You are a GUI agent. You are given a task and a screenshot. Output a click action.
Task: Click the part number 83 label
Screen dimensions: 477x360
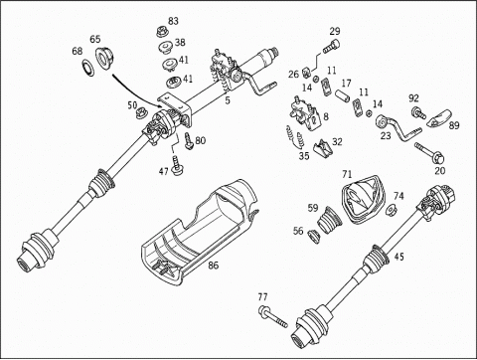[173, 21]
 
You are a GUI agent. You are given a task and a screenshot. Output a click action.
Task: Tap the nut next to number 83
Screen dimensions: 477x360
[161, 32]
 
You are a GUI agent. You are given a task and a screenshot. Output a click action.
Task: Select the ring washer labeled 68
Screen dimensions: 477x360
[87, 68]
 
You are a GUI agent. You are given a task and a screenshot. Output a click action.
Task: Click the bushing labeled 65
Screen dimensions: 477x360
[104, 59]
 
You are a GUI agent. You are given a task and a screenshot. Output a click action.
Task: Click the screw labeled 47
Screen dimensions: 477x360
[176, 166]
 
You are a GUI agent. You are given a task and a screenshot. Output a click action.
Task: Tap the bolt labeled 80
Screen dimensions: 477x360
[189, 141]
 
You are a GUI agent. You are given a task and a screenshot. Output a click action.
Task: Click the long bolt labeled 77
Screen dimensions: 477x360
[273, 316]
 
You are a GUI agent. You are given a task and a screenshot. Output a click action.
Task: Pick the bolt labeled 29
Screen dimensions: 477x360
[331, 47]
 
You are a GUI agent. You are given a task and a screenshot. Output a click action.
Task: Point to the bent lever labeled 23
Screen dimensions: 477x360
[399, 128]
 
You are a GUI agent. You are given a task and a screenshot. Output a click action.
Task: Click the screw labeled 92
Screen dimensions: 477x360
[418, 113]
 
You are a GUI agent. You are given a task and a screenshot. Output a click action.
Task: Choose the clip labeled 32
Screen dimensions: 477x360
[322, 148]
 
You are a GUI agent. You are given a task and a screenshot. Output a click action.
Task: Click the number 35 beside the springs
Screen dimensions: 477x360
[304, 156]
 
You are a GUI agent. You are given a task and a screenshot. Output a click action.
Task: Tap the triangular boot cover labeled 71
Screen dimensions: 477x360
[364, 198]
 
